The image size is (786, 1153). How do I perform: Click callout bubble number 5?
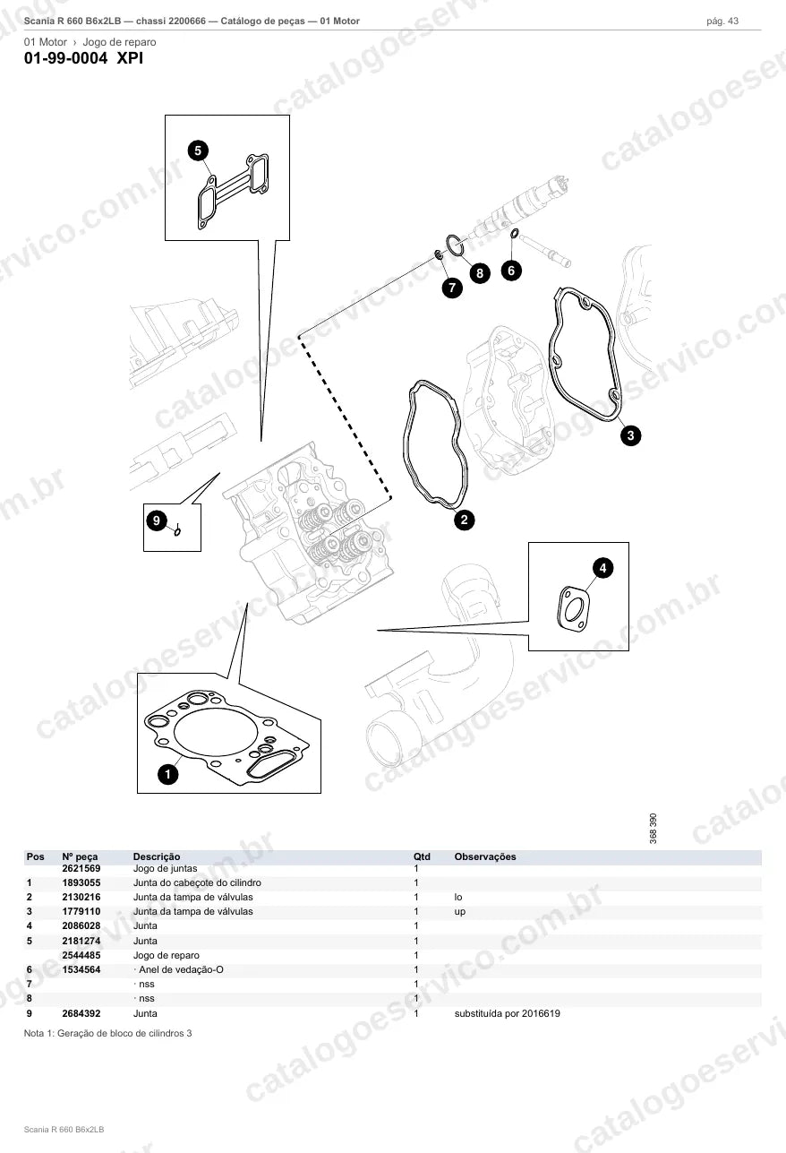[x=198, y=151]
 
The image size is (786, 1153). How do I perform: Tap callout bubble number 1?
[x=167, y=774]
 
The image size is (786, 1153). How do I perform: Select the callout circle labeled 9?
[x=157, y=521]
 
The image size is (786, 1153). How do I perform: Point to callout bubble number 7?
[x=452, y=288]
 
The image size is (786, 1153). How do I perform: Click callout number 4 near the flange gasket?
[x=602, y=568]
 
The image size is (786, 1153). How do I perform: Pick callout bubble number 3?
[x=630, y=435]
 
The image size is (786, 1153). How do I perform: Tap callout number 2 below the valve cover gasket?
[x=464, y=520]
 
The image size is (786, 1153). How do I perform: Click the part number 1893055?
[x=81, y=882]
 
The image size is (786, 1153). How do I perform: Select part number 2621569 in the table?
[x=81, y=868]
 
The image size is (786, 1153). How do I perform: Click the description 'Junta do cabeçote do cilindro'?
[x=197, y=882]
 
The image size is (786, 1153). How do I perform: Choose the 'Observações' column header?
[x=485, y=856]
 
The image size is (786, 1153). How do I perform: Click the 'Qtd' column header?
[x=422, y=856]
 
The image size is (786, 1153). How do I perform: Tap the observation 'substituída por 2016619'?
[x=508, y=1013]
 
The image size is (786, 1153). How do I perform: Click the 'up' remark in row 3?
[x=460, y=912]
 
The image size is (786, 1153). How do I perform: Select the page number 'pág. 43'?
[x=722, y=22]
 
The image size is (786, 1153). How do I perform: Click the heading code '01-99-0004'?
[x=66, y=58]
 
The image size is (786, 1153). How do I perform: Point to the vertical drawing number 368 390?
[x=654, y=828]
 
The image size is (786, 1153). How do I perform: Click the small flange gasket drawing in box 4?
[x=574, y=608]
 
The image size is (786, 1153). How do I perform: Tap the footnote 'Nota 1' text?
[x=107, y=1033]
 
